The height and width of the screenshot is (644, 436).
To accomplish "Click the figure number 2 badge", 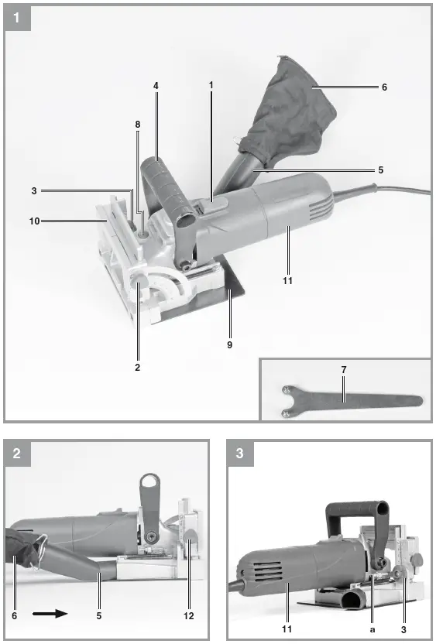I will pyautogui.click(x=17, y=454).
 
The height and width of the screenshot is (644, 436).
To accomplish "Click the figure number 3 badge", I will pyautogui.click(x=239, y=454).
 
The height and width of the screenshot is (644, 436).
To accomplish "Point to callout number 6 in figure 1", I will pyautogui.click(x=384, y=87).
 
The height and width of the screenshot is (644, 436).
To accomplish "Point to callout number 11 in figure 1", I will pyautogui.click(x=287, y=280).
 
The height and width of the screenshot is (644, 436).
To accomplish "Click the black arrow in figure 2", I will pyautogui.click(x=50, y=614).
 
